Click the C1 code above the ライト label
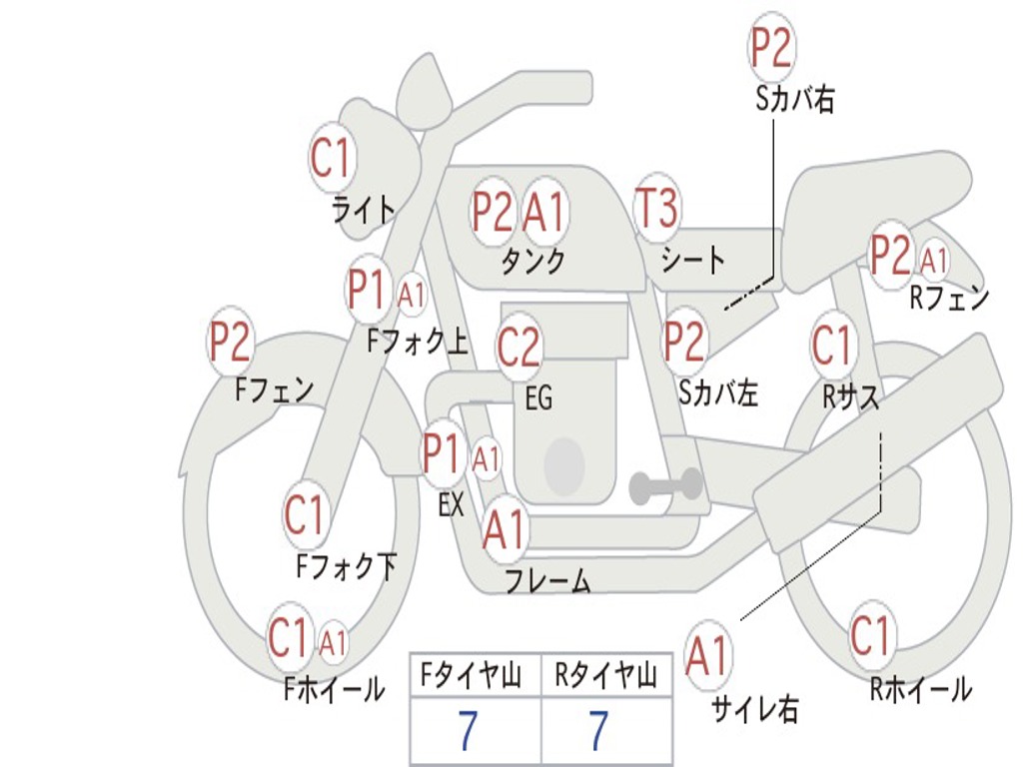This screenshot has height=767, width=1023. click(332, 158)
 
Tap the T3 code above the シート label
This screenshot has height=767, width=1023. click(656, 209)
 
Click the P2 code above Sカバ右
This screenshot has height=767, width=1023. click(771, 48)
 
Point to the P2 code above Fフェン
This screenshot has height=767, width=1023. click(230, 343)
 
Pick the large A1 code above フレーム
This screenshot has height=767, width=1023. click(505, 529)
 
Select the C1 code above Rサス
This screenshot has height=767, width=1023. click(831, 346)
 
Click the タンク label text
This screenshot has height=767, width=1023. click(532, 262)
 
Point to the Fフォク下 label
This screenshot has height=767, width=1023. click(346, 567)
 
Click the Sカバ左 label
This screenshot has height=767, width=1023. click(718, 393)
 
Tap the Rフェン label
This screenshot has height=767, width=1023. click(948, 298)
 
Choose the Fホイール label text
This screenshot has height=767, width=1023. click(334, 689)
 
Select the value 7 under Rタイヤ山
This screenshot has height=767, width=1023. click(598, 732)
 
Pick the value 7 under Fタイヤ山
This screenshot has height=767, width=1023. click(468, 732)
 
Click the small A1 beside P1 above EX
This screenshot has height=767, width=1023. click(486, 460)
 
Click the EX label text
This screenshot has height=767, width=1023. click(452, 506)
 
